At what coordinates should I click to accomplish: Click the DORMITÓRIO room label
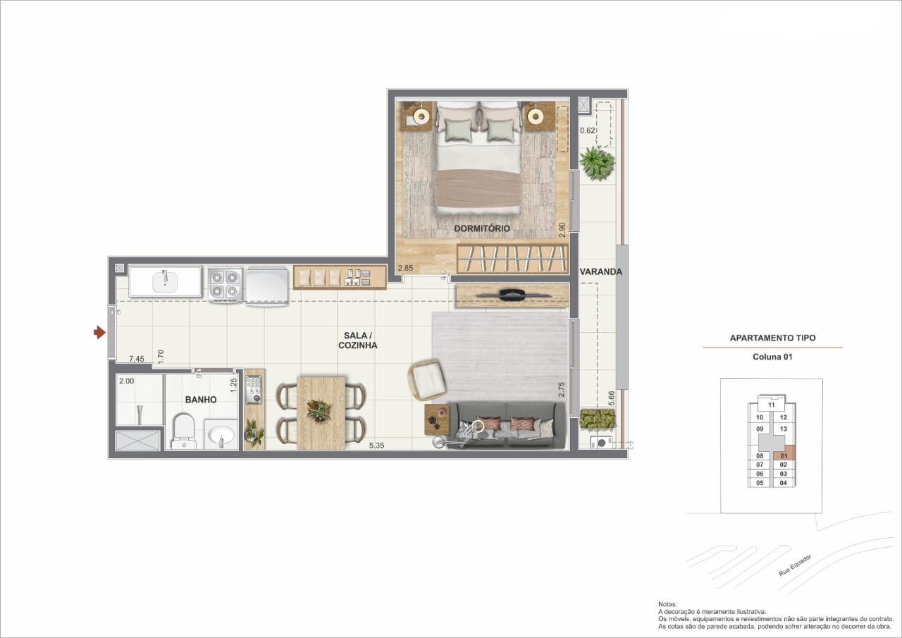pyautogui.click(x=482, y=228)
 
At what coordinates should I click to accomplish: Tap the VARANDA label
pyautogui.click(x=601, y=272)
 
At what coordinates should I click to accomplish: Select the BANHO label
pyautogui.click(x=201, y=400)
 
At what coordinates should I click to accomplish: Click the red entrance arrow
pyautogui.click(x=99, y=332)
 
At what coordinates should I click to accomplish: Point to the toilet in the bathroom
pyautogui.click(x=184, y=431)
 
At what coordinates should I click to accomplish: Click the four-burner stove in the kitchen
pyautogui.click(x=225, y=284)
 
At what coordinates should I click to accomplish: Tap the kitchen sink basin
pyautogui.click(x=165, y=281)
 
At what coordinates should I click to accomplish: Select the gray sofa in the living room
pyautogui.click(x=506, y=424)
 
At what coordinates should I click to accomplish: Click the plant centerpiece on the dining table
pyautogui.click(x=319, y=411)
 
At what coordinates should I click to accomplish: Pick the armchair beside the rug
pyautogui.click(x=428, y=380)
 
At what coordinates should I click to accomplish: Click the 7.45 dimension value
pyautogui.click(x=137, y=359)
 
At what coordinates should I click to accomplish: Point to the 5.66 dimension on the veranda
pyautogui.click(x=612, y=398)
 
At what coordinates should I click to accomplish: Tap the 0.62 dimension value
pyautogui.click(x=588, y=130)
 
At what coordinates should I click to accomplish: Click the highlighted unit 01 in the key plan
pyautogui.click(x=783, y=455)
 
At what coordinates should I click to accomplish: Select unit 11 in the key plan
pyautogui.click(x=771, y=405)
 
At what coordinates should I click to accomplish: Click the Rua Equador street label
pyautogui.click(x=795, y=565)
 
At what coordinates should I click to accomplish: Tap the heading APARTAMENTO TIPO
pyautogui.click(x=773, y=338)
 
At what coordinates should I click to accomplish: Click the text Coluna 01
pyautogui.click(x=772, y=357)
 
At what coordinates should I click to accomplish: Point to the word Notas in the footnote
pyautogui.click(x=667, y=604)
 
